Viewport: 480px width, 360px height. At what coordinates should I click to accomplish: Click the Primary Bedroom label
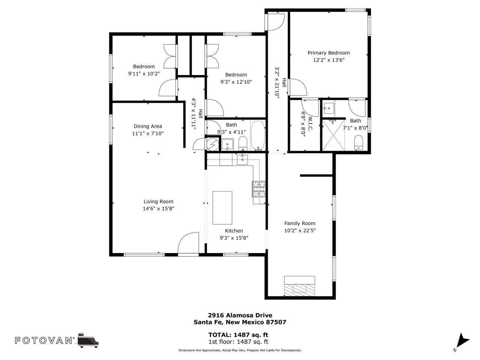pyautogui.click(x=328, y=53)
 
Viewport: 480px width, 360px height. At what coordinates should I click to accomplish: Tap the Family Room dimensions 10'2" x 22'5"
pyautogui.click(x=300, y=231)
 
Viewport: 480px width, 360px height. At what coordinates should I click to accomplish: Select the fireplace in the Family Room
pyautogui.click(x=299, y=285)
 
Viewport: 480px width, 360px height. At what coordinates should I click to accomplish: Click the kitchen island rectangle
pyautogui.click(x=222, y=207)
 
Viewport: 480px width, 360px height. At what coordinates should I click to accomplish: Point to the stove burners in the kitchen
pyautogui.click(x=259, y=189)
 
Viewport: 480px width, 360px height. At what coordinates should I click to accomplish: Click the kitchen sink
pyautogui.click(x=243, y=159)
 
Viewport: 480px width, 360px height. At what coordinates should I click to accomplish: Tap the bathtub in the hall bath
pyautogui.click(x=258, y=135)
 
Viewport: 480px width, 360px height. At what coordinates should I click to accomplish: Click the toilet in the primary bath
pyautogui.click(x=359, y=142)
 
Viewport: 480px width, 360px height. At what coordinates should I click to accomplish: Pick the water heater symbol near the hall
pyautogui.click(x=212, y=144)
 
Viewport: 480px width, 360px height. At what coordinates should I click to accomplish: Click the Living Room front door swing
pyautogui.click(x=188, y=244)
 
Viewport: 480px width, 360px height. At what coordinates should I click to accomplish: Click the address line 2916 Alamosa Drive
pyautogui.click(x=240, y=315)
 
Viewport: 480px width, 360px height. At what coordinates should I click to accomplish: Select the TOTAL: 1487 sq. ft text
pyautogui.click(x=238, y=335)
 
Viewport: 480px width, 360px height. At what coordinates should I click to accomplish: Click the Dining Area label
pyautogui.click(x=148, y=126)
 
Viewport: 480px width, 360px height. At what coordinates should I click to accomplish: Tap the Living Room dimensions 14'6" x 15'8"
pyautogui.click(x=158, y=208)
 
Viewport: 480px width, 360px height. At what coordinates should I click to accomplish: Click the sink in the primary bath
pyautogui.click(x=329, y=108)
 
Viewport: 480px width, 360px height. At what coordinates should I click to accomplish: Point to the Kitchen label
pyautogui.click(x=234, y=231)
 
